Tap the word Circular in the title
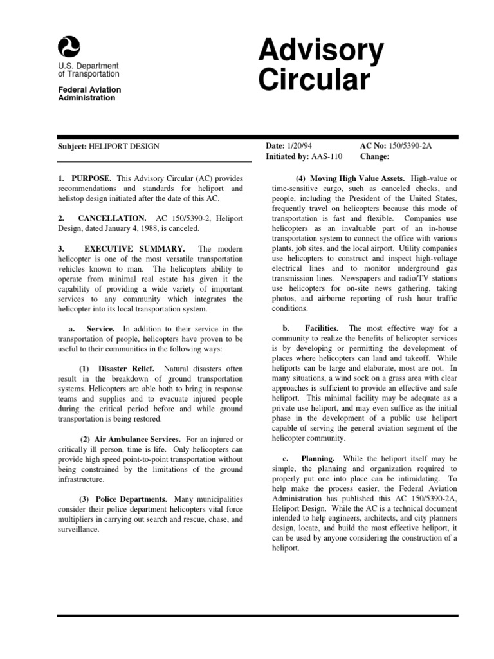tap(315, 80)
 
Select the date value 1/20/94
tap(300, 146)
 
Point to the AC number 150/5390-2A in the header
tap(410, 146)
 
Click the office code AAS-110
tap(327, 156)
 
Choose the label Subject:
tap(71, 147)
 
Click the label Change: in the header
tap(375, 156)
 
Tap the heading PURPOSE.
tap(92, 178)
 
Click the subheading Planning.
tap(318, 459)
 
